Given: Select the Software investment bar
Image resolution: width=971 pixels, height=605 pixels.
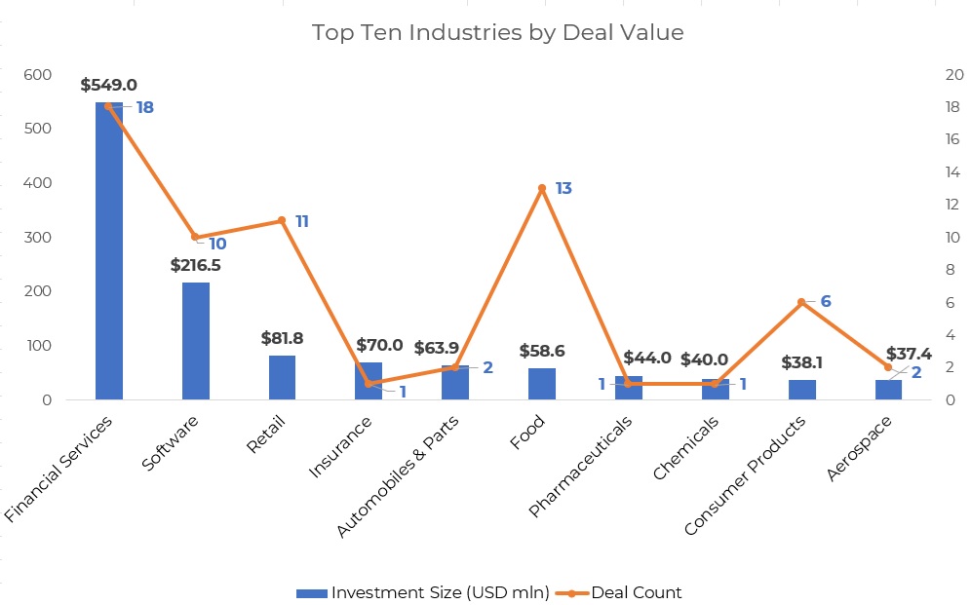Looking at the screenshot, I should pos(195,341).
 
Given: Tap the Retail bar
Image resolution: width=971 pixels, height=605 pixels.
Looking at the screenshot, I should pos(282,378).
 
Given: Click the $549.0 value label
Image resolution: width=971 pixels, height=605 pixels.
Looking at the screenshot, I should pos(108,86).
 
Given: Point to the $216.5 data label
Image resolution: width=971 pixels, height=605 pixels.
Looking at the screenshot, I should pos(195,265).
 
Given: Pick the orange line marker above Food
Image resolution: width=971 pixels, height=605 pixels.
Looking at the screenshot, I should pos(541,188).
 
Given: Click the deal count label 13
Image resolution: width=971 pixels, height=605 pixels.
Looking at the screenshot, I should pos(563,188).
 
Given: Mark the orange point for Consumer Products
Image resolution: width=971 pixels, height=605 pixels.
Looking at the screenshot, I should pos(801,302).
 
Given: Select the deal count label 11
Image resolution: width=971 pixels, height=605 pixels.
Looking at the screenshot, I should pos(301,222).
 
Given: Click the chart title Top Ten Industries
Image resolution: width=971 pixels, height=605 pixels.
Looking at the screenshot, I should pos(497,32).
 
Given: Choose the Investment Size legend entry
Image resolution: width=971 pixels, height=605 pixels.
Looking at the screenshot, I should pos(422,592).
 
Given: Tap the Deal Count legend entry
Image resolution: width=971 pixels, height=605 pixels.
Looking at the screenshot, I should pos(624,592).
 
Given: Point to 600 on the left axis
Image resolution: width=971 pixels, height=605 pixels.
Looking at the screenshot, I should pos(38,75).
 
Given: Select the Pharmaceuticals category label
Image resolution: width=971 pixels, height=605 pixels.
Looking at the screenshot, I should pos(581,468).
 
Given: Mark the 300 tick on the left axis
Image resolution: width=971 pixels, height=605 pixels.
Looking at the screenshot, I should pos(38,238).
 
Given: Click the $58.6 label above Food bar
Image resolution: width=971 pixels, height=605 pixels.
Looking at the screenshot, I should pos(541,351).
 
